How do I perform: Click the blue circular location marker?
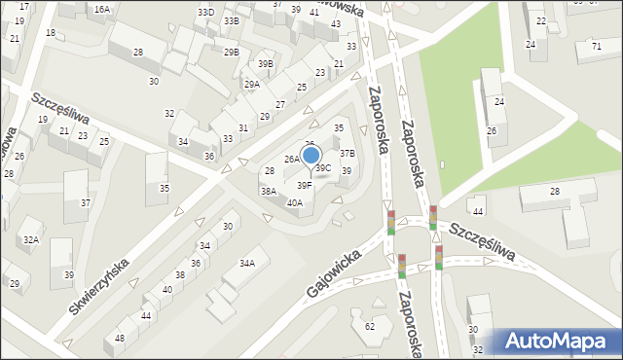311,155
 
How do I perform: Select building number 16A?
101,9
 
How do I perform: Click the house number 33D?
205,13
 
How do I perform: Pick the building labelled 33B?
231,20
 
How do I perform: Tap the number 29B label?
231,52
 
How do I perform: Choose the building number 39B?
266,64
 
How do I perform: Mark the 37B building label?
348,153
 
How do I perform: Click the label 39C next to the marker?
323,168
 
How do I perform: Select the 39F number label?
305,185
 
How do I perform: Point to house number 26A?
292,159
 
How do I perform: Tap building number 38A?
269,192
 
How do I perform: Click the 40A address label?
295,202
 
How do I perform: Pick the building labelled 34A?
247,263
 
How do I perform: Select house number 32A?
31,239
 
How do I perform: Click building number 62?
370,326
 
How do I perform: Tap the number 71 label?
596,46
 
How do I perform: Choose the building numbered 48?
120,338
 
